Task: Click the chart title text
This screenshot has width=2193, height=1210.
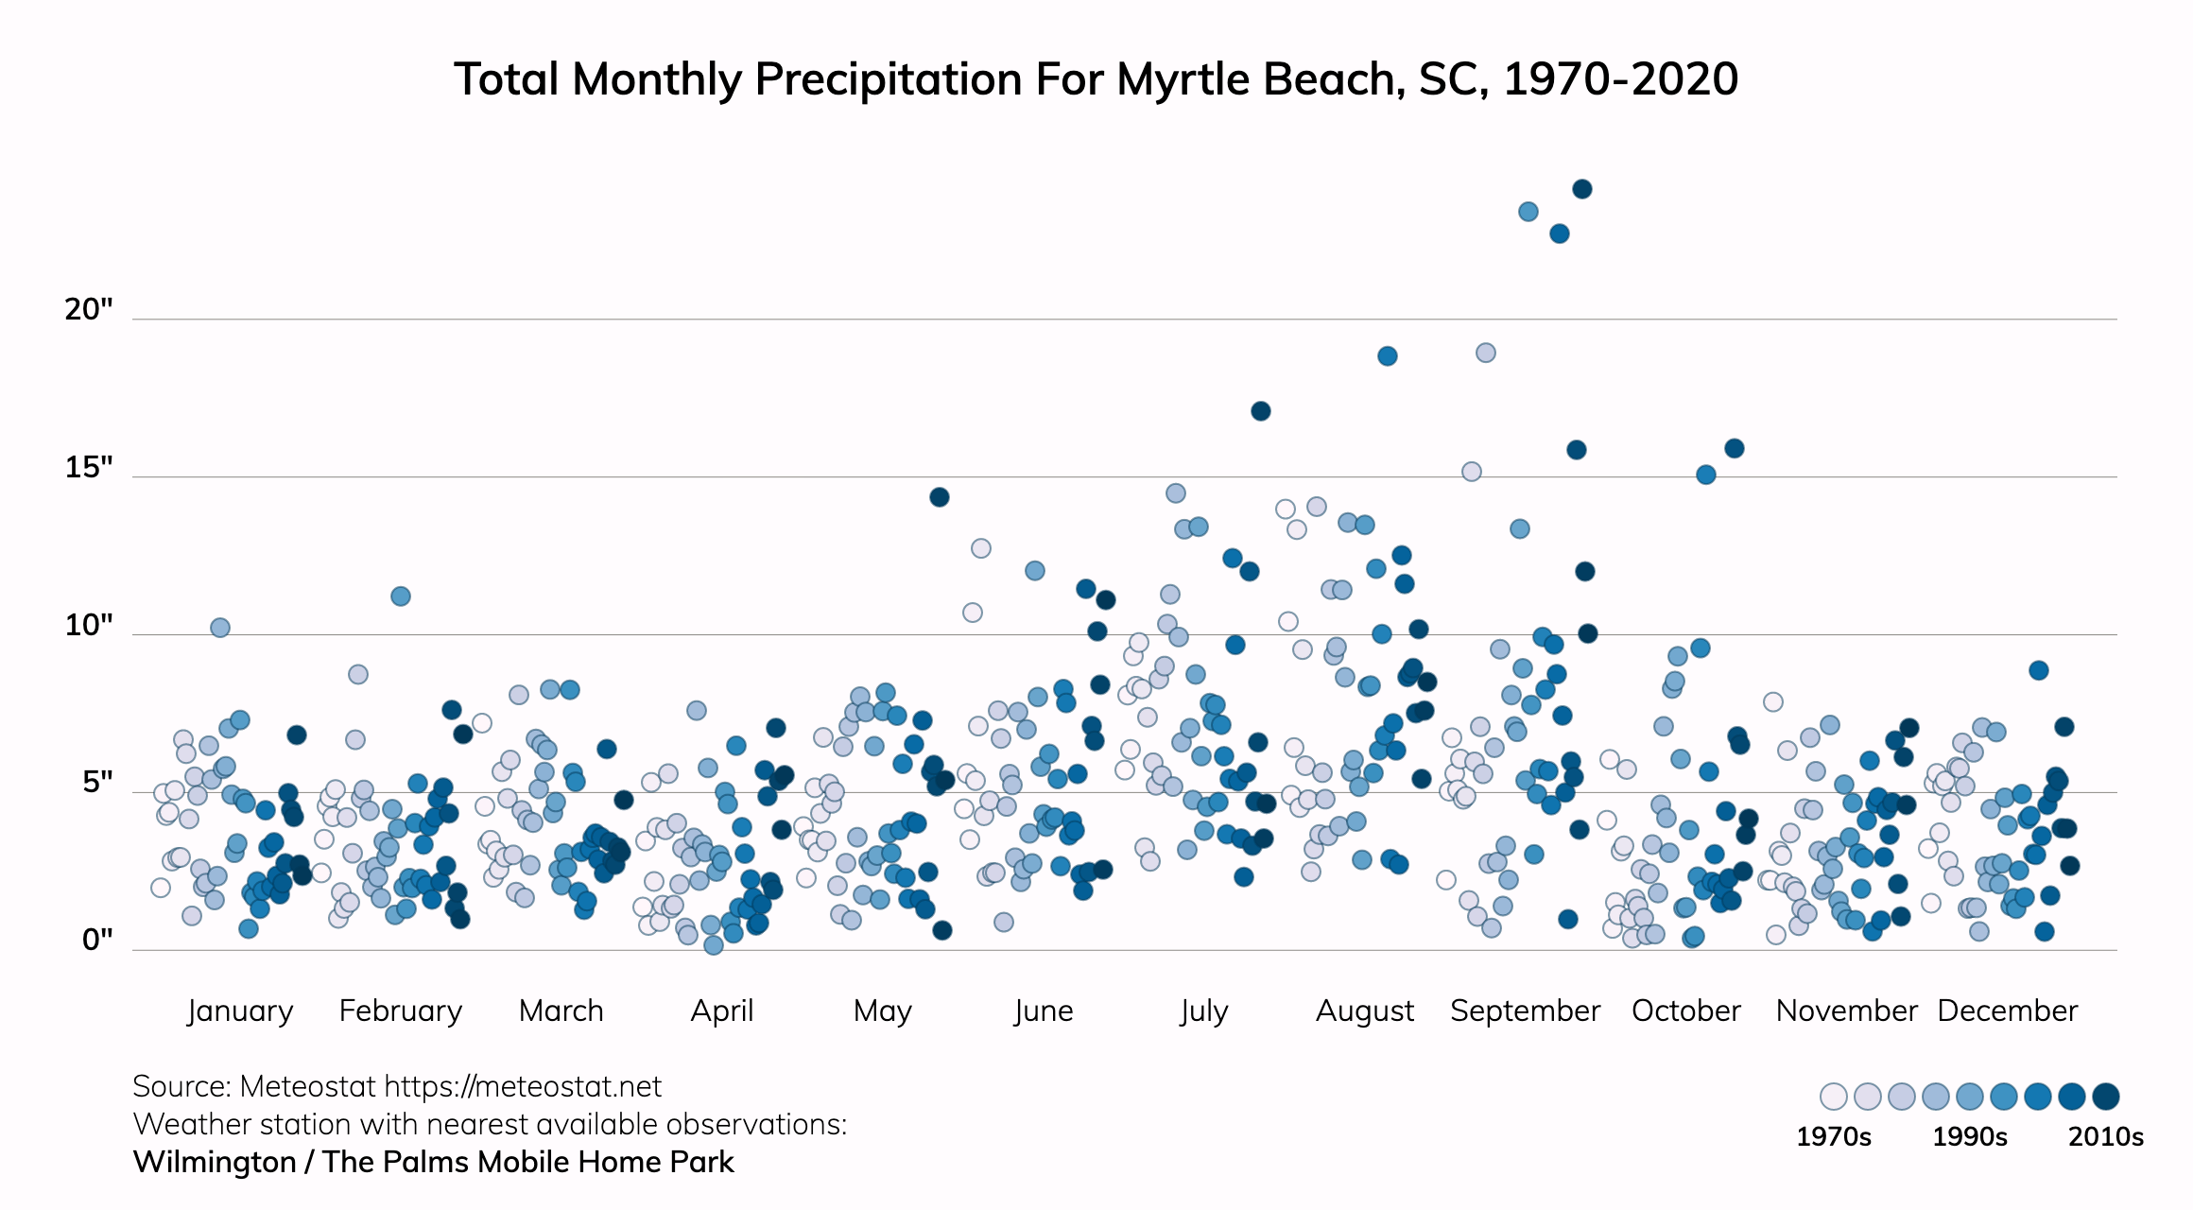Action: coord(1096,79)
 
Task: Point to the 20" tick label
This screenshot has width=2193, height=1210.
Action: coord(89,309)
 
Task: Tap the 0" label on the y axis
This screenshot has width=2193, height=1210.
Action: coord(97,940)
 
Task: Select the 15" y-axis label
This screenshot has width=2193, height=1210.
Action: coord(89,467)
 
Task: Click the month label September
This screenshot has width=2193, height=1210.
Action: coord(1525,1011)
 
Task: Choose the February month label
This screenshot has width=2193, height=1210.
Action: coord(401,1011)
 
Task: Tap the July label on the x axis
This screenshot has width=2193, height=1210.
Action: coord(1203,1011)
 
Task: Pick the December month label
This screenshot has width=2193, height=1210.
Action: coord(2007,1011)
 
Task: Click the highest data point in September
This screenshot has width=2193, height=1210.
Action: coord(1581,189)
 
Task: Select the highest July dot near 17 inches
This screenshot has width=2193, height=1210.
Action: coord(1260,411)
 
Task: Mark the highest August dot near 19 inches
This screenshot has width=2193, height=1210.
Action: coord(1387,356)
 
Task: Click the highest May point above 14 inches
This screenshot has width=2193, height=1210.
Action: coord(939,497)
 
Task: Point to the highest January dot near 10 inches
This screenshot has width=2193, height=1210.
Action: coord(219,628)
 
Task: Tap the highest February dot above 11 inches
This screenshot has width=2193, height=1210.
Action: coord(400,596)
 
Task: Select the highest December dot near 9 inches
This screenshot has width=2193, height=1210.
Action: coord(2038,670)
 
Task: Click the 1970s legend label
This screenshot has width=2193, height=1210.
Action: coord(1833,1136)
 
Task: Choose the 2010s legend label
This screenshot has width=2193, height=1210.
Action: coord(2105,1136)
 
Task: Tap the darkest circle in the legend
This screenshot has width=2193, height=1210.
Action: coord(2105,1097)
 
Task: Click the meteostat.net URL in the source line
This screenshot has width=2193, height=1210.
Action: coord(523,1087)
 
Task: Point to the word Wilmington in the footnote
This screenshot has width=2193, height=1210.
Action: coord(215,1162)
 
